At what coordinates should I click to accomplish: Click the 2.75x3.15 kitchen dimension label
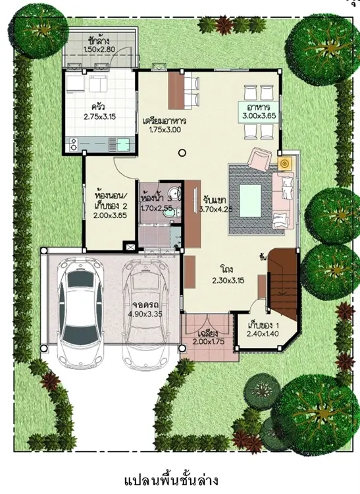(x=100, y=117)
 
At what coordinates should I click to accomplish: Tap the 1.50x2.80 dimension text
(x=99, y=49)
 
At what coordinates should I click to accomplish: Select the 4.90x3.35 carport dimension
(x=145, y=314)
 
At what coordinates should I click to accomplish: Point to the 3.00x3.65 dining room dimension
(x=259, y=116)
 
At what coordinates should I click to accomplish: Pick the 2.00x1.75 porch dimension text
(x=209, y=341)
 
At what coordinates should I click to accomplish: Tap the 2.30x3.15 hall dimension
(x=228, y=281)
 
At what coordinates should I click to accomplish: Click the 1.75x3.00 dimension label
(x=165, y=129)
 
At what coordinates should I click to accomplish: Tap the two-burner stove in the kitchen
(x=73, y=145)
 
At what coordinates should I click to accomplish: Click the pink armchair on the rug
(x=259, y=159)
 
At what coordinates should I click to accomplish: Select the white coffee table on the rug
(x=250, y=201)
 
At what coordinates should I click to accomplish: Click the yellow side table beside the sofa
(x=285, y=163)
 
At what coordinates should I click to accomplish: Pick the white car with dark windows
(x=81, y=312)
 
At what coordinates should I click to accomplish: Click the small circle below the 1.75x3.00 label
(x=182, y=153)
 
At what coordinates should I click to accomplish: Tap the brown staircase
(x=282, y=283)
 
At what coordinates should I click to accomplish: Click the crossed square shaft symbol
(x=129, y=246)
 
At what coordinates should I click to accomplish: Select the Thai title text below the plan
(x=171, y=481)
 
